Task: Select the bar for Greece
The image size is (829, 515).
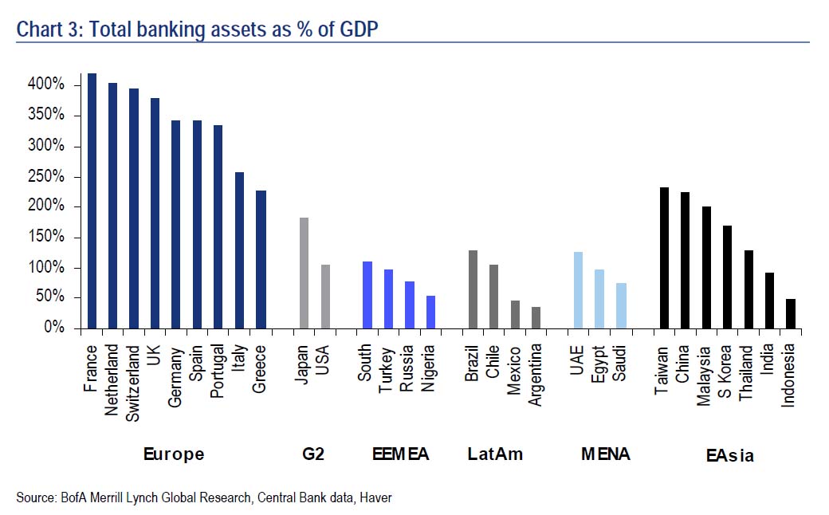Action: point(261,259)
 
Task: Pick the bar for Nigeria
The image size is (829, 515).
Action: point(430,312)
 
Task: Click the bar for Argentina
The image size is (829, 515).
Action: point(536,317)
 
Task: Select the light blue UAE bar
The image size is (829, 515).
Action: point(578,290)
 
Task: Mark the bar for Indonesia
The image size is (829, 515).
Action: point(790,313)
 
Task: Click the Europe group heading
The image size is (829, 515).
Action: point(174,454)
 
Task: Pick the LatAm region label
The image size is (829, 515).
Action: point(495,454)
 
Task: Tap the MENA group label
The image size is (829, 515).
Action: point(605,454)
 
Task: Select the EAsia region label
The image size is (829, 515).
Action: point(729,456)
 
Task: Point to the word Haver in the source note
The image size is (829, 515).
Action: point(375,497)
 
